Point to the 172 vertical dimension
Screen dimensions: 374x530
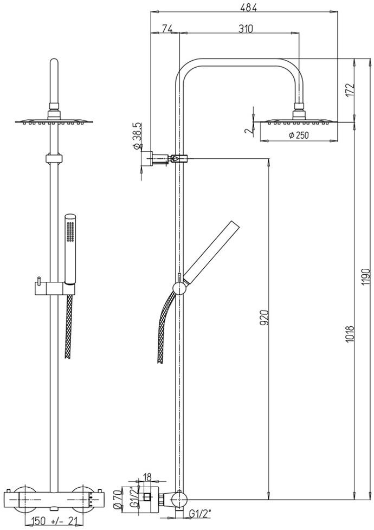pos(350,91)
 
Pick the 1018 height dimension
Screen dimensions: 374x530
pos(350,334)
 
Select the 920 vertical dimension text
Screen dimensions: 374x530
pos(265,317)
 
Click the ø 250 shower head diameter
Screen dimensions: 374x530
pos(299,135)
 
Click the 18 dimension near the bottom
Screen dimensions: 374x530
pos(147,477)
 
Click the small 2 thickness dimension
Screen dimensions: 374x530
pos(248,131)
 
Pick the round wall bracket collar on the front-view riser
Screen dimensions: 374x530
pos(54,159)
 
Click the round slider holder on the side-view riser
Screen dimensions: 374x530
pos(179,288)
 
